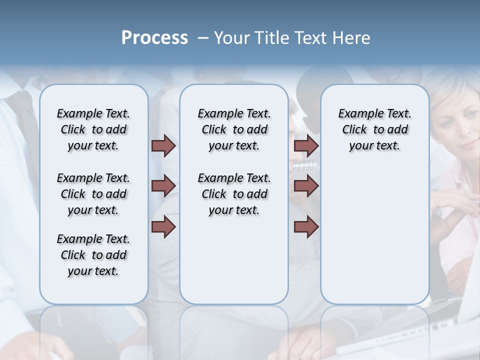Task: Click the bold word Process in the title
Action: tap(154, 38)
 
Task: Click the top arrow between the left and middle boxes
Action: tap(163, 146)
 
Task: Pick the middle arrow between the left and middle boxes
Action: tap(163, 186)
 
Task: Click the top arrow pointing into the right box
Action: tap(306, 146)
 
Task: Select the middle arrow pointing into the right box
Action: tap(306, 186)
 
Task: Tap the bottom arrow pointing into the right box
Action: tap(306, 227)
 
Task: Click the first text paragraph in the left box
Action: tap(93, 129)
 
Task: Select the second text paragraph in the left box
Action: tap(93, 194)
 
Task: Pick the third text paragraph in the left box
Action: tap(93, 255)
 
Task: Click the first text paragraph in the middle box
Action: tap(234, 129)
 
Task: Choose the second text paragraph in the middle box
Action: tap(234, 194)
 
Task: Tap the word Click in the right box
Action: tap(354, 130)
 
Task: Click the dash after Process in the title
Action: tap(203, 38)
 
